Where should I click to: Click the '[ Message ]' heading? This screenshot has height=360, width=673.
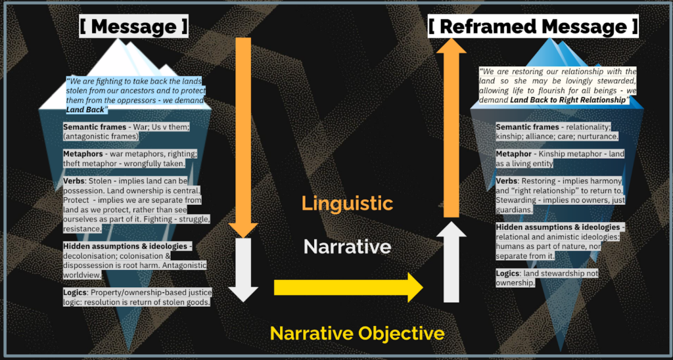(133, 27)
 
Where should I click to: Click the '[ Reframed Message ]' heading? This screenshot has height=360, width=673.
(533, 27)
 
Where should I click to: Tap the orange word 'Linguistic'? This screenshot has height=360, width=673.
(347, 203)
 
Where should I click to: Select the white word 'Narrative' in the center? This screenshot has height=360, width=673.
(347, 246)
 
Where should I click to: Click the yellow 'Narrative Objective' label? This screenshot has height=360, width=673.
(357, 333)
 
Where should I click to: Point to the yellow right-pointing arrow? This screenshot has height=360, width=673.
(348, 287)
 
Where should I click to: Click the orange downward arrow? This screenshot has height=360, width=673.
(243, 131)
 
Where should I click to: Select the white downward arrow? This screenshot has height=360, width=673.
(243, 269)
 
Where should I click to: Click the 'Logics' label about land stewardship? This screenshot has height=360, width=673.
(510, 273)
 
